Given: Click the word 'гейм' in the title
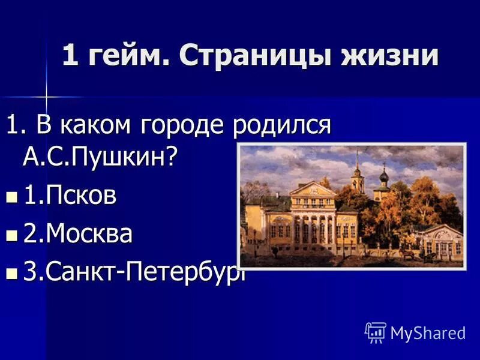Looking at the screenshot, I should point(127,56).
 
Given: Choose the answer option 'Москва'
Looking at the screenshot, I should point(77,234).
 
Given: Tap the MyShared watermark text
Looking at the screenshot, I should point(428,332).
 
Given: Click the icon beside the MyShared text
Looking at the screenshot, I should point(376,332).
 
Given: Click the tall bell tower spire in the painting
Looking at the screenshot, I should point(357,168).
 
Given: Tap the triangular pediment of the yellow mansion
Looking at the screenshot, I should point(312,190).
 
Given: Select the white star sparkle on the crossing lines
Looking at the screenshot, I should point(46,96).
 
